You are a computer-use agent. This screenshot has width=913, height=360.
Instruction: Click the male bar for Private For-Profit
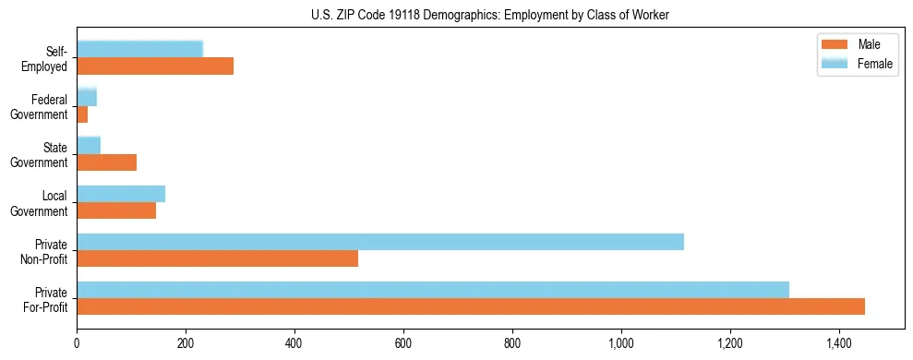tap(471, 306)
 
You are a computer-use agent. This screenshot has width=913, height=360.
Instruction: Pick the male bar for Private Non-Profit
tap(217, 258)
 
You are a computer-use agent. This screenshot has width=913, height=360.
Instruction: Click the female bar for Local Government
tap(121, 194)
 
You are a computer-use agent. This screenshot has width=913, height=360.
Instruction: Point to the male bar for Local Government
tap(116, 210)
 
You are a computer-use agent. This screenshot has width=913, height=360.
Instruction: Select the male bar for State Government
tap(107, 162)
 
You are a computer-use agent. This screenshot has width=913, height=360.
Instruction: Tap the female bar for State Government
tap(89, 146)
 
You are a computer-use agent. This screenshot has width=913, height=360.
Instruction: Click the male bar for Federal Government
tap(82, 114)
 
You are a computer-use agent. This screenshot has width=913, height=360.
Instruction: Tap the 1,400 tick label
tap(838, 343)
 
